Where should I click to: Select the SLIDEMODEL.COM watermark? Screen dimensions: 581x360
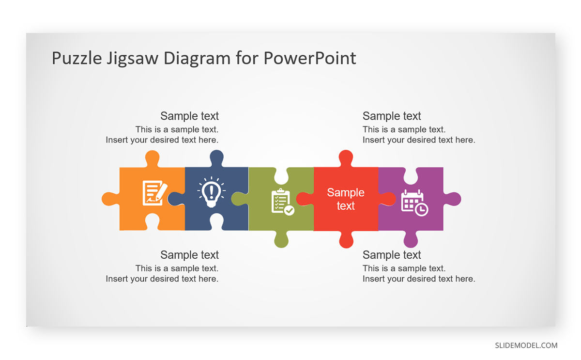click(526, 345)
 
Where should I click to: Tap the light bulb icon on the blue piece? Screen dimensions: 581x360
click(212, 192)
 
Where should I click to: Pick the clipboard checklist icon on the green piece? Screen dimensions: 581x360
click(283, 202)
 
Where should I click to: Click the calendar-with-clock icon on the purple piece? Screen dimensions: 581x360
click(415, 203)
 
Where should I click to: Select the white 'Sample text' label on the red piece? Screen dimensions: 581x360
click(346, 199)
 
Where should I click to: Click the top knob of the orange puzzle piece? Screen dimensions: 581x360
click(152, 158)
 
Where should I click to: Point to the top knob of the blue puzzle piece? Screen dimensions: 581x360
click(216, 158)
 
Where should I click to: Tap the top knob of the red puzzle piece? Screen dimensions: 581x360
click(346, 158)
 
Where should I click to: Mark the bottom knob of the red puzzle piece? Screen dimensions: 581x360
click(346, 239)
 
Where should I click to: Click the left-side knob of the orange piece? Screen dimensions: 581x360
click(110, 199)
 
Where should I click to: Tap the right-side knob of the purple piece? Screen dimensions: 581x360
click(452, 199)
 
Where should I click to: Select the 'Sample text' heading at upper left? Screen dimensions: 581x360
click(189, 116)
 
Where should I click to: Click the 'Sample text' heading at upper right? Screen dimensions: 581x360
click(392, 116)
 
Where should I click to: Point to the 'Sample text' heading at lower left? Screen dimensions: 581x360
click(189, 255)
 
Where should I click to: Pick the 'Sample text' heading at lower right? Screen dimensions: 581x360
click(392, 255)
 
